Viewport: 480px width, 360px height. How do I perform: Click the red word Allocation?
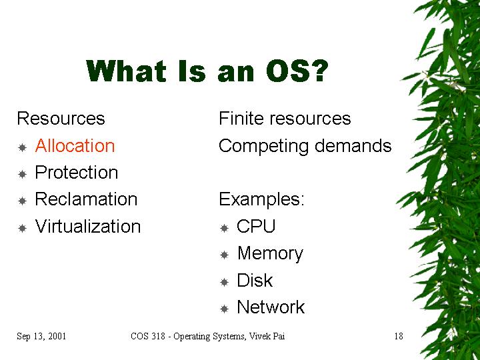[x=75, y=146]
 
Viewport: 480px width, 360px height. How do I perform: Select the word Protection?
[x=77, y=173]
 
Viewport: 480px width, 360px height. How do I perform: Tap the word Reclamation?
[x=86, y=199]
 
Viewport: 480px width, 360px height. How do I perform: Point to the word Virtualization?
[x=88, y=226]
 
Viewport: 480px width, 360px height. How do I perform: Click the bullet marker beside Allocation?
[x=23, y=148]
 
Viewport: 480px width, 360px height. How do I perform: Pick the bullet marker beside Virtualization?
[x=23, y=229]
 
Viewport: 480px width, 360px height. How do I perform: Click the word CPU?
[x=256, y=226]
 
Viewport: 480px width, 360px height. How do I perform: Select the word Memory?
[x=270, y=254]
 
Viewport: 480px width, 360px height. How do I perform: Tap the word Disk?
[x=255, y=280]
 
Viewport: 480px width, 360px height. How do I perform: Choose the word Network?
[x=271, y=307]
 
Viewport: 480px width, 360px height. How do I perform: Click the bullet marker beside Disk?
[x=225, y=282]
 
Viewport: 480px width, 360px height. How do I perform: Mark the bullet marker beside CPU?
[x=225, y=229]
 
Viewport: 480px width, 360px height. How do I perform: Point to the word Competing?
[x=263, y=146]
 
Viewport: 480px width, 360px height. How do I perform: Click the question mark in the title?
[x=320, y=71]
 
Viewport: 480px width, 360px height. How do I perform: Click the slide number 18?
[x=399, y=336]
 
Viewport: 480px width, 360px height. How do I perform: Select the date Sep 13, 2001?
[x=41, y=336]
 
